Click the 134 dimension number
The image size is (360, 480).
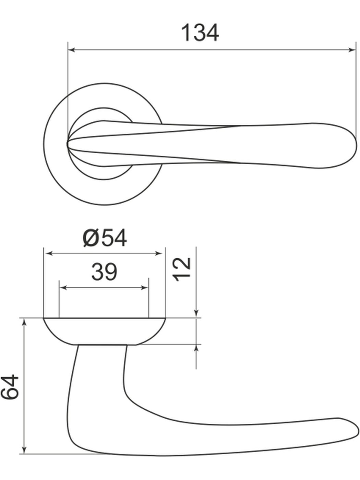pos(200,33)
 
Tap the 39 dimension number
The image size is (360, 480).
pos(104,272)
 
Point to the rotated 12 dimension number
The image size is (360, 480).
pos(182,269)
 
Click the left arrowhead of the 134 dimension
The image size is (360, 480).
pos(72,50)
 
